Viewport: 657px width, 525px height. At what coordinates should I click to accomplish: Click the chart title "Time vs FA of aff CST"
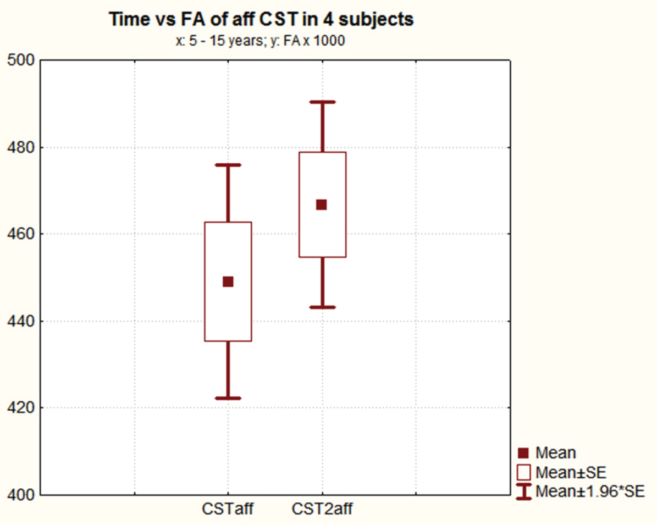[261, 20]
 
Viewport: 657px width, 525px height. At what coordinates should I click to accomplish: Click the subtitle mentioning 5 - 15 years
[260, 41]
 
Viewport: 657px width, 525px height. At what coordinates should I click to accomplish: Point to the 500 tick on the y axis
[20, 60]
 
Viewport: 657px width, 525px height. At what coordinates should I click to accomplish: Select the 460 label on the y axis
[20, 234]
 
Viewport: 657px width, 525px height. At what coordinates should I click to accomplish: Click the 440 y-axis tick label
[20, 321]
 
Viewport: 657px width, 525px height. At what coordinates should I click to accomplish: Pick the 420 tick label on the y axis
[20, 408]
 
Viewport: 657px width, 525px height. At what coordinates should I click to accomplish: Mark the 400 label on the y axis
[20, 495]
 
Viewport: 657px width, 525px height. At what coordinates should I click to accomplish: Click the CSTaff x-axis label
[228, 509]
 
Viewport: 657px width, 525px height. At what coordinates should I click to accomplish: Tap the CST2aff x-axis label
[322, 509]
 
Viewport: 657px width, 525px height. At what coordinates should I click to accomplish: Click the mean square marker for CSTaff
[228, 281]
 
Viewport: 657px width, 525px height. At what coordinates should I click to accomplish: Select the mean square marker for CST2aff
[322, 205]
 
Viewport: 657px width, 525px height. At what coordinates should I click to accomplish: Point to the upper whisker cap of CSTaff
[228, 164]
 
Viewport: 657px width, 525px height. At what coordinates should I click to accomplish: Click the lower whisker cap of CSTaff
[228, 398]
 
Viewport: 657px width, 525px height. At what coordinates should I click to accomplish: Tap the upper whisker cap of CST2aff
[322, 102]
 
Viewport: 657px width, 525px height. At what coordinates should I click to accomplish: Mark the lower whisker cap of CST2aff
[322, 307]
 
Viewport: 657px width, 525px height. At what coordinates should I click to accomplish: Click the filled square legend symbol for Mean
[524, 453]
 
